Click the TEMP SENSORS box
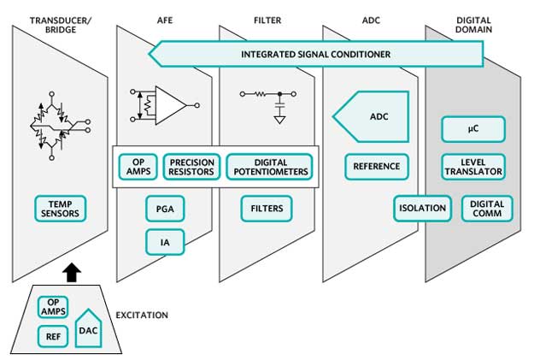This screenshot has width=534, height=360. point(61,208)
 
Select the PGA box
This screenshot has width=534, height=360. point(165,208)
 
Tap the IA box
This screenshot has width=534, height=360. point(165,242)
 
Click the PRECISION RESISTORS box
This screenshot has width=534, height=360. point(192,167)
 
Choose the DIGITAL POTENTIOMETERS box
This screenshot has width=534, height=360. point(269,167)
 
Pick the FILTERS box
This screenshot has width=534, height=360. point(267,208)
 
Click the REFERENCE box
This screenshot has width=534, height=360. point(377,167)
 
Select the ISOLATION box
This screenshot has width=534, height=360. point(422,208)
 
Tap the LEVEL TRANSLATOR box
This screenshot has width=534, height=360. point(472,167)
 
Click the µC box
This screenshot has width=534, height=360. point(472,129)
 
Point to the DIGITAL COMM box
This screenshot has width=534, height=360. point(487,208)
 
